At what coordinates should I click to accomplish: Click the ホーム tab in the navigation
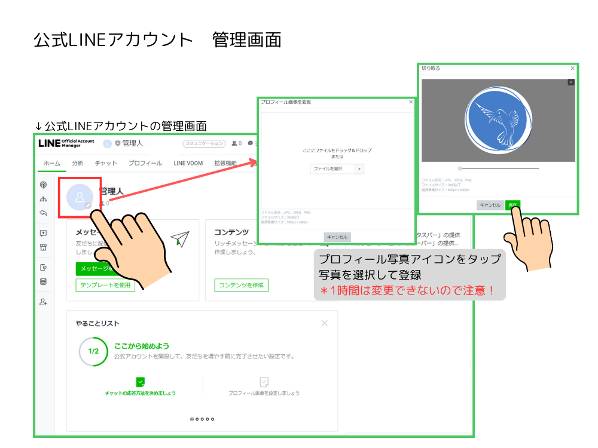point(51,163)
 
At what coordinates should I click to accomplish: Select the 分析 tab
point(78,163)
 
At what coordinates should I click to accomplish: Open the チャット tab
point(106,163)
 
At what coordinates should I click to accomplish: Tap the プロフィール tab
point(145,163)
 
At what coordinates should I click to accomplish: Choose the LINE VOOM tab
point(188,163)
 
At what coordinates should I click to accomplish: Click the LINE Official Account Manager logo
point(66,143)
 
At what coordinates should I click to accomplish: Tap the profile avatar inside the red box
point(80,197)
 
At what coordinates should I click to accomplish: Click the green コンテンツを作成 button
point(241,285)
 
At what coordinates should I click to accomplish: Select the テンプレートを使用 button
point(105,285)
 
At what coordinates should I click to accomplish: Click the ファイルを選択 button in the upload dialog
point(333,169)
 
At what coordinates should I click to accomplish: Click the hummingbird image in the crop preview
point(498,120)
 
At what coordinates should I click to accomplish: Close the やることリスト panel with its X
point(325,323)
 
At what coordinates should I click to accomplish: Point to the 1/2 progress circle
point(93,351)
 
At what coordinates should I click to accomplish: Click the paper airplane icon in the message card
point(179,239)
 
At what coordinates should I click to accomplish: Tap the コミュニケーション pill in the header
point(204,143)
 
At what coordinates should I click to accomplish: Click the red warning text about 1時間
point(407,291)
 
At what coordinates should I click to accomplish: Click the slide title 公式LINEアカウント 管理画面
point(157,40)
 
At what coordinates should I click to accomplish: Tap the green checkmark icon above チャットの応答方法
point(140,382)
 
